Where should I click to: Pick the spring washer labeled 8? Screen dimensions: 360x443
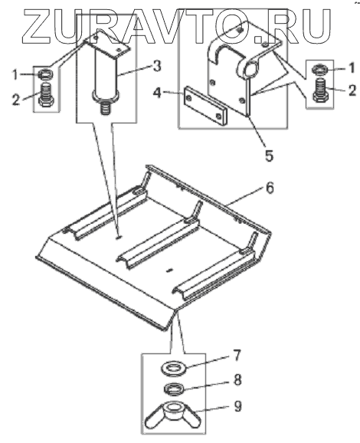pyautogui.click(x=175, y=389)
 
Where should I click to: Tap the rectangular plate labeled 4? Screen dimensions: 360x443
pyautogui.click(x=205, y=106)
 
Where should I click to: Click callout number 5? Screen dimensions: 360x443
pyautogui.click(x=269, y=155)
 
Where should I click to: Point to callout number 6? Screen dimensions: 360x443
pyautogui.click(x=270, y=188)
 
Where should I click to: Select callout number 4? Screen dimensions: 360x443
pyautogui.click(x=158, y=93)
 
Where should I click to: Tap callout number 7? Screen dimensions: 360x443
pyautogui.click(x=237, y=355)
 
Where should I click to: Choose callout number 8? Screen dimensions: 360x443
pyautogui.click(x=237, y=379)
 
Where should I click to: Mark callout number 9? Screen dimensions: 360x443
pyautogui.click(x=238, y=406)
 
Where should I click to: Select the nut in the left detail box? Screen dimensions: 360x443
pyautogui.click(x=45, y=74)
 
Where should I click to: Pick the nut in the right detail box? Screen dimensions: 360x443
pyautogui.click(x=320, y=69)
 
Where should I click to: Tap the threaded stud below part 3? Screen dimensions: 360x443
pyautogui.click(x=105, y=108)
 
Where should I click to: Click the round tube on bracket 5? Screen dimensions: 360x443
pyautogui.click(x=251, y=67)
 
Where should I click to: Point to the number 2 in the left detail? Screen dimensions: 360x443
pyautogui.click(x=16, y=99)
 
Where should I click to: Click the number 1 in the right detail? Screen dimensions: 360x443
pyautogui.click(x=351, y=68)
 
